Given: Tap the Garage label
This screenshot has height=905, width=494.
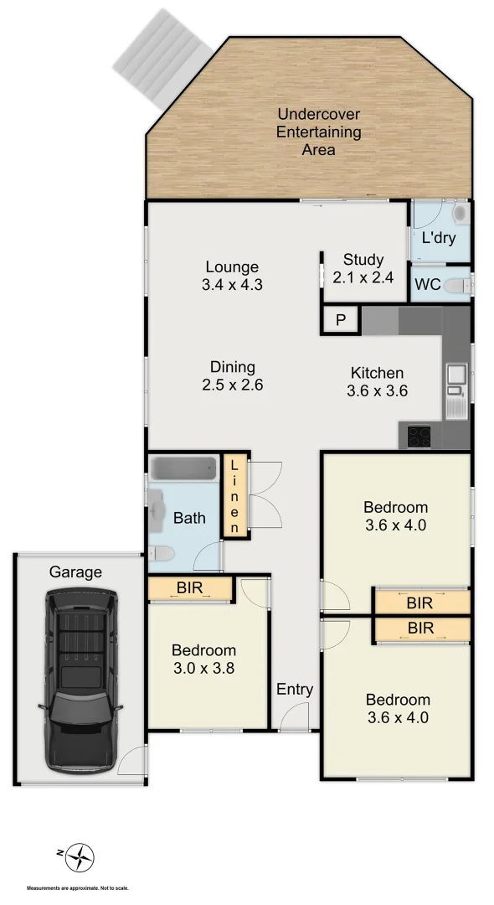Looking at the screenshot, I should coord(75,572).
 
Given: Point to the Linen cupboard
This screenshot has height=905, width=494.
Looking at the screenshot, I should coord(234,497).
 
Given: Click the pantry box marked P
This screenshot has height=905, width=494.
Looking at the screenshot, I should coord(341,320).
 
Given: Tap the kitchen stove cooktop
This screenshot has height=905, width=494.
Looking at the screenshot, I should coord(419,436).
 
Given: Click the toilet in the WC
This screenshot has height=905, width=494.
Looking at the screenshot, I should coord(455,286).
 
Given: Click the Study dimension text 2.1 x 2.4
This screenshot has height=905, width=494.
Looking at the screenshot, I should coord(363,277).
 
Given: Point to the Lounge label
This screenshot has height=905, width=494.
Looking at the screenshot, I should coord(231,267).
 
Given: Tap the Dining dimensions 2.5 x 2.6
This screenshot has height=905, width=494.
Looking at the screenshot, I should coord(232,385).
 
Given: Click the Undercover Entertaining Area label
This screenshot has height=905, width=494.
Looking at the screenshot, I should coord(318,132).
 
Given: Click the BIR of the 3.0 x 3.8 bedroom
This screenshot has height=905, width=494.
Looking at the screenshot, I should coord(190,589).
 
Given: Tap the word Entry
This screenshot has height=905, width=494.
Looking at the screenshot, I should coord(295,690).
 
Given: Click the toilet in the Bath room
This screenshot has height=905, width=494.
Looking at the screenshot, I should coord(164,553).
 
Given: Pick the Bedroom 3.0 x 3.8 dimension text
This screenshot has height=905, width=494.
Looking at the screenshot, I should coord(203,668).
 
